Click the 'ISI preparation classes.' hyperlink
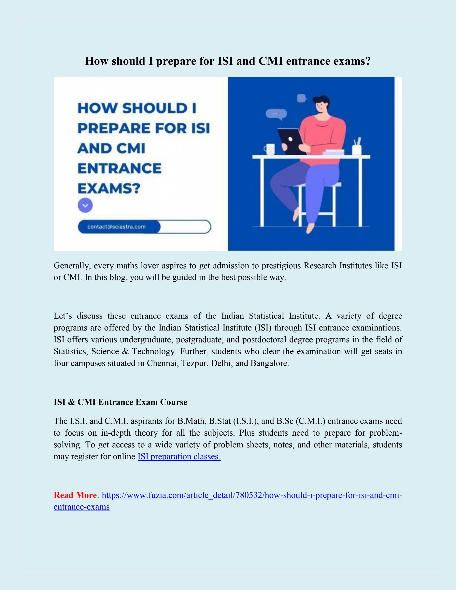tap(179, 457)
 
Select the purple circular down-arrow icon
tap(85, 206)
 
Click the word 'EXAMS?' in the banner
tap(109, 188)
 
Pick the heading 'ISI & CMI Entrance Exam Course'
tap(121, 402)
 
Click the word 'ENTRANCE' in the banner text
tap(119, 168)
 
